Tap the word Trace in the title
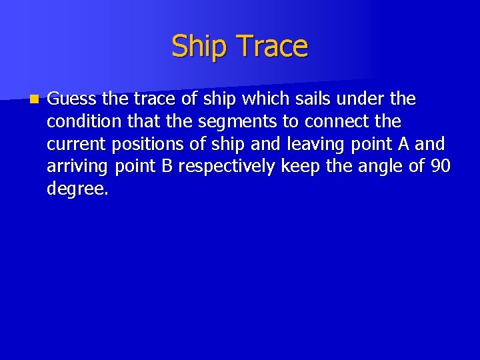pyautogui.click(x=273, y=47)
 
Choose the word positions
pyautogui.click(x=146, y=145)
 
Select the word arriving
pyautogui.click(x=78, y=167)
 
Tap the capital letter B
pyautogui.click(x=167, y=166)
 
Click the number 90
pyautogui.click(x=441, y=166)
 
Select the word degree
pyautogui.click(x=77, y=189)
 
